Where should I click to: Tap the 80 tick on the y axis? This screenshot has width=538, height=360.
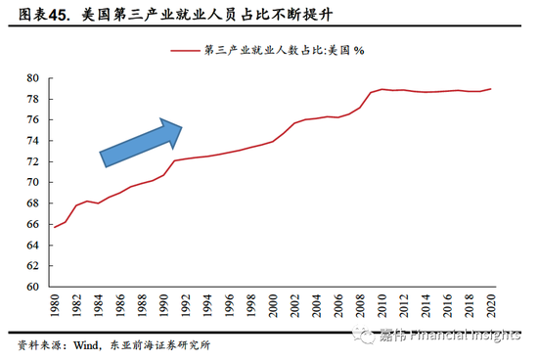coord(32,78)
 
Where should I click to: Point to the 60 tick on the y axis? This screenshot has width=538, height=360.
coord(32,287)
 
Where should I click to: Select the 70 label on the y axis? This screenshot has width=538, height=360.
coord(32,183)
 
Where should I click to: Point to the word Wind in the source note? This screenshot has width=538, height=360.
coord(86,344)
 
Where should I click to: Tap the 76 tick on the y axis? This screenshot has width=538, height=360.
coord(32,120)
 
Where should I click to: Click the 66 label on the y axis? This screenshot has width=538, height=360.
coord(32,224)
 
